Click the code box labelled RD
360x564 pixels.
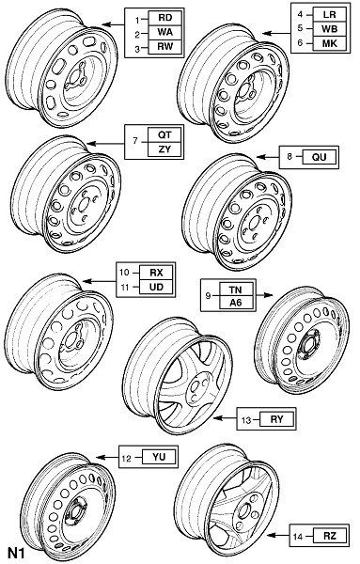[x=165, y=18]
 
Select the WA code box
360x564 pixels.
[x=165, y=33]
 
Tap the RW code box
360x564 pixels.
[x=165, y=47]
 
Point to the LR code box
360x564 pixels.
[x=329, y=14]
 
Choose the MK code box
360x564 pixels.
[x=329, y=43]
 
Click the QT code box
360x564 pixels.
[x=164, y=135]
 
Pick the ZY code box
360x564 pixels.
[x=164, y=149]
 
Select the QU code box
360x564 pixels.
[x=320, y=157]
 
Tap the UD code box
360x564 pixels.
[x=156, y=287]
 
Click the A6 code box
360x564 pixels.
[x=236, y=303]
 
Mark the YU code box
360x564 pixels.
[x=159, y=457]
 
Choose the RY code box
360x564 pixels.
[x=277, y=419]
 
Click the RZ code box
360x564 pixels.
[x=330, y=537]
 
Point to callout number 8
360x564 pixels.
[x=290, y=157]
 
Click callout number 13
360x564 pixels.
[x=246, y=420]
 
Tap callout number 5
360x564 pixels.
[x=300, y=29]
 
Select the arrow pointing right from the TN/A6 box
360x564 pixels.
[x=264, y=295]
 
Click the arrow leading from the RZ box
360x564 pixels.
[x=278, y=536]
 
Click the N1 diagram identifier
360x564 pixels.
[x=16, y=553]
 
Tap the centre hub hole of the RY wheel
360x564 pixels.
[x=196, y=387]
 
